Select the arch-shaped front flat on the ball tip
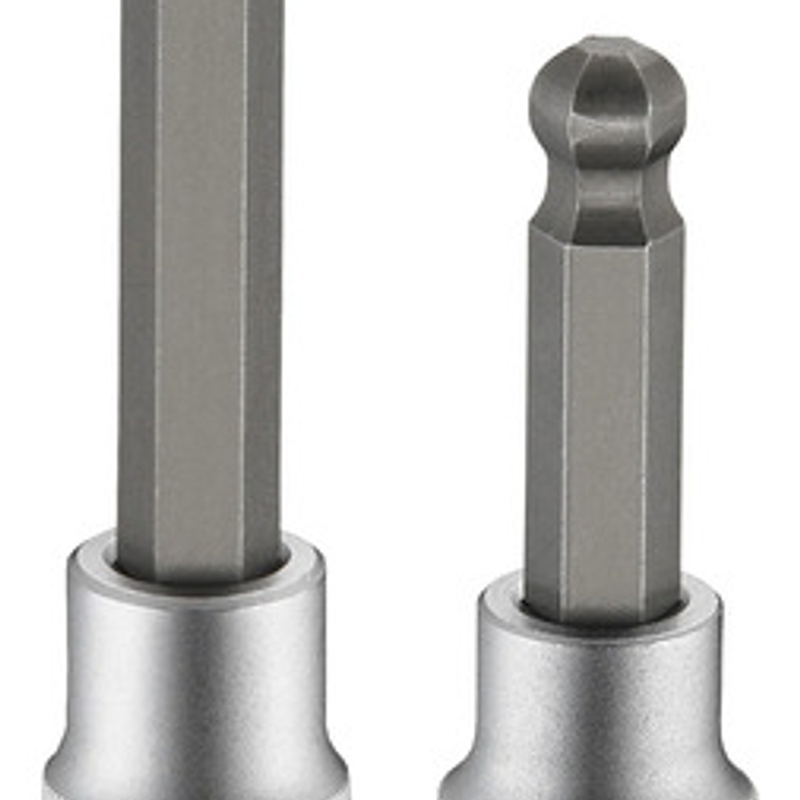tap(607, 105)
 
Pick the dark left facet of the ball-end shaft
tap(545, 421)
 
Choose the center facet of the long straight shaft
tap(200, 281)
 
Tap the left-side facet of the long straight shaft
tap(137, 281)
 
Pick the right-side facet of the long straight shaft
tap(263, 281)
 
